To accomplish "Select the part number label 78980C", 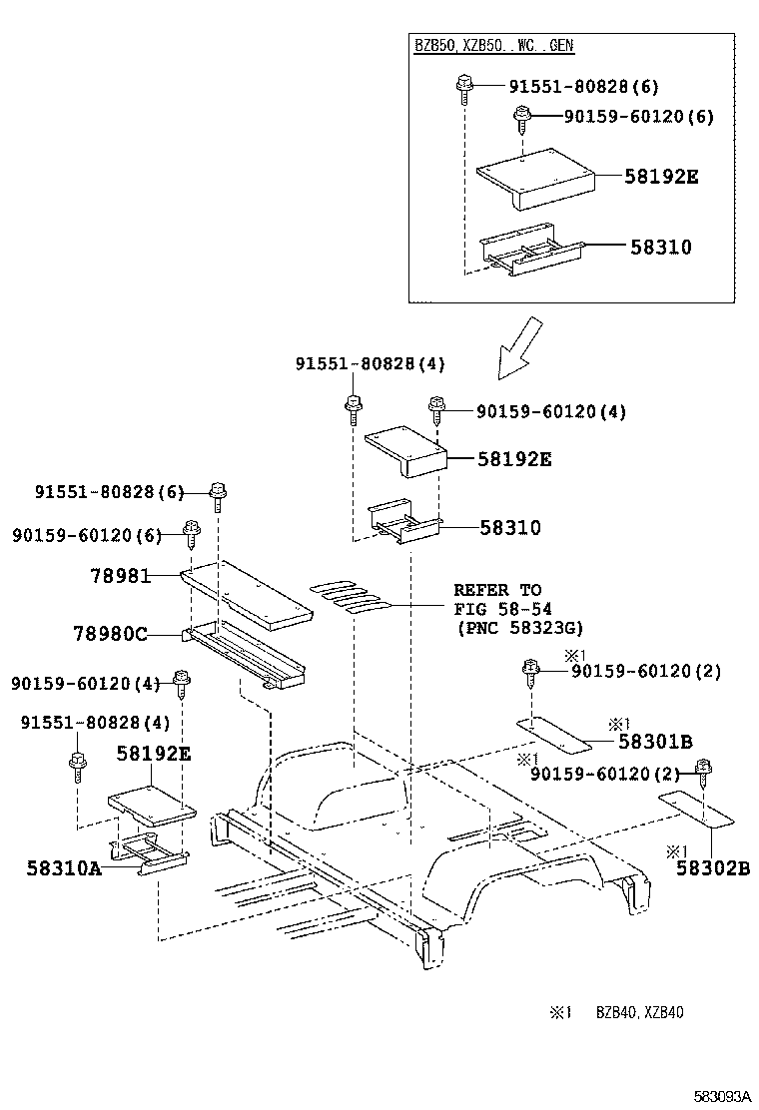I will point(110,632).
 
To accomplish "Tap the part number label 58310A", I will point(64,867).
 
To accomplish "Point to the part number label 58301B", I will point(655,741).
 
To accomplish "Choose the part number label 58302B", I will point(712,867).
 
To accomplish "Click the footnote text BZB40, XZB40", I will point(640,1012).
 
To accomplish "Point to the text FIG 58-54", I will point(502,608).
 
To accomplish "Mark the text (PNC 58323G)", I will point(518,627).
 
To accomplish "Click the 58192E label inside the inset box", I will point(660,177).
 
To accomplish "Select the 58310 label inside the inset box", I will point(660,247).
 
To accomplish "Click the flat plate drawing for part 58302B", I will point(696,807).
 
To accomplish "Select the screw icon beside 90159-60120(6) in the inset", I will point(520,118).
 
